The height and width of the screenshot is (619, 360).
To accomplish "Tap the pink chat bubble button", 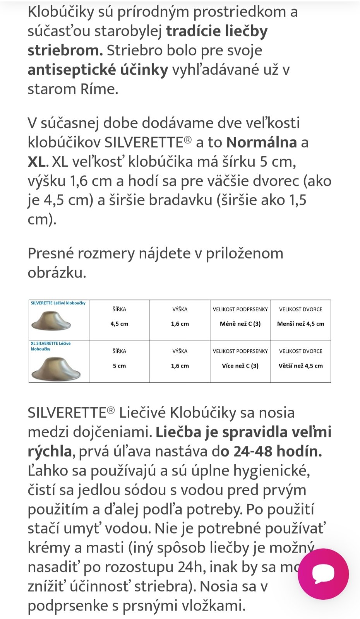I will [x=323, y=574].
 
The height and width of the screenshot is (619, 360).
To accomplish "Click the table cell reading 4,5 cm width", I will [x=119, y=324].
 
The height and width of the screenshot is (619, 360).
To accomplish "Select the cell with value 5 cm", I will [x=119, y=366].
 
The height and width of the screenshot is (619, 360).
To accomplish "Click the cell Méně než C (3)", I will [x=240, y=324].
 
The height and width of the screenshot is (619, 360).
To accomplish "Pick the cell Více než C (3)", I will [x=240, y=366].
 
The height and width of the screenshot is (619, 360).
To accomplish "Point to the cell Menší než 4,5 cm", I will [x=300, y=324].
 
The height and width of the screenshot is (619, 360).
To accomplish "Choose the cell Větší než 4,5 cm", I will [x=300, y=366].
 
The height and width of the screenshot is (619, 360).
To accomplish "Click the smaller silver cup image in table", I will [x=51, y=321].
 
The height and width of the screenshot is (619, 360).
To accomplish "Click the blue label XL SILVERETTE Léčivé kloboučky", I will [x=51, y=346].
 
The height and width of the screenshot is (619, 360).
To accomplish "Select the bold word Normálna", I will [x=261, y=142].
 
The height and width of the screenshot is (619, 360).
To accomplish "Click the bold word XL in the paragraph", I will [x=36, y=162].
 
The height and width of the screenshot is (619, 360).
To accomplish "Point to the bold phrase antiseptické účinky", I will [x=98, y=70].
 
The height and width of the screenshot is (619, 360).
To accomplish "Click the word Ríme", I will [x=99, y=89].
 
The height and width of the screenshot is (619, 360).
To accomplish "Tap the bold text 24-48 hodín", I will [x=277, y=451].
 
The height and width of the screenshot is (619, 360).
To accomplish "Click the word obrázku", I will [x=57, y=273].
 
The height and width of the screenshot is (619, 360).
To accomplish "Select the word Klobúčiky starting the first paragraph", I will [x=61, y=12].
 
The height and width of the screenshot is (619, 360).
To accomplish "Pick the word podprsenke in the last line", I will [x=68, y=605].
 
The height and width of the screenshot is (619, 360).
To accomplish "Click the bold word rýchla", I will [x=50, y=451].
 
